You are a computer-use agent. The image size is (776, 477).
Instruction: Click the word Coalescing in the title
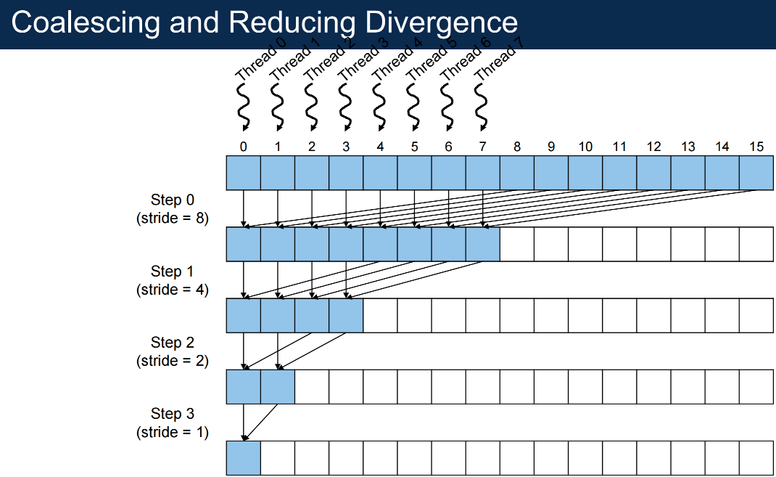86,23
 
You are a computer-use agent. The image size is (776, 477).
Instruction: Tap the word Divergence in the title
442,23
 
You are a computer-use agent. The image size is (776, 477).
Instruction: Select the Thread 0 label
260,59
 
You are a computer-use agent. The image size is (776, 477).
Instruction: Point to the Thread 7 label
498,59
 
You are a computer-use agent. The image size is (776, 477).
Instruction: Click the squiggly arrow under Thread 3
345,107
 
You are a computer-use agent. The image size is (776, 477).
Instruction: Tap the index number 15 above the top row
756,147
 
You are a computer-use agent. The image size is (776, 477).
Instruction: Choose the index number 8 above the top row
516,147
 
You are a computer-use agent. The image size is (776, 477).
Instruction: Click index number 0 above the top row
243,147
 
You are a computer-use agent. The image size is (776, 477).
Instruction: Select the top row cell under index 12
653,173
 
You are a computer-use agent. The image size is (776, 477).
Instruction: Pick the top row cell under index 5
414,173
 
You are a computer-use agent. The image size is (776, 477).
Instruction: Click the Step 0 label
172,200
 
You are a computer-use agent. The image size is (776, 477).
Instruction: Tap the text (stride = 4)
172,289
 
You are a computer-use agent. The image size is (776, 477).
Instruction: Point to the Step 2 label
172,342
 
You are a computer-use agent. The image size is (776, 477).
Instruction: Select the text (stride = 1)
172,432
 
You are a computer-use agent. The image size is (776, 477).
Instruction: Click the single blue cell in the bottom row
244,458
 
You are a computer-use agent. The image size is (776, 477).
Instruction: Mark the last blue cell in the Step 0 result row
482,244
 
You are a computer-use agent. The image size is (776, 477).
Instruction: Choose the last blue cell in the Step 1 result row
346,316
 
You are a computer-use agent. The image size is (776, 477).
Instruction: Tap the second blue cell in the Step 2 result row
278,387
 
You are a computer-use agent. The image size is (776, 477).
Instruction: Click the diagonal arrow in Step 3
260,423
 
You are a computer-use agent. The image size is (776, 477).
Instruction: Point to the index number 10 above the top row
585,147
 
